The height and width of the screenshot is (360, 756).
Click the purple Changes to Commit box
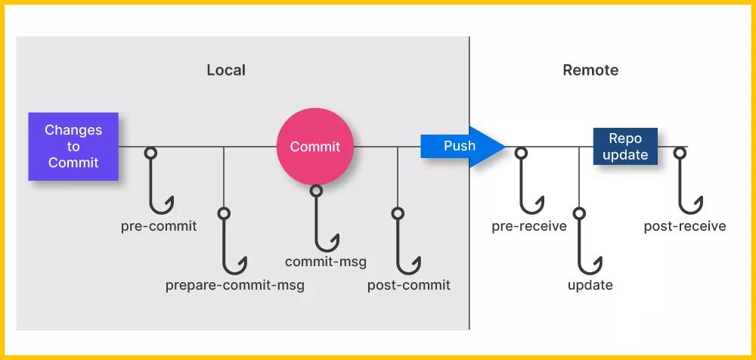coord(73,146)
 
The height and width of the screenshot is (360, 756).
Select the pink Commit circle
coord(315,147)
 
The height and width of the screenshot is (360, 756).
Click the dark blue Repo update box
coord(624,146)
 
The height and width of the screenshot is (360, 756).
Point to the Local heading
coord(226,70)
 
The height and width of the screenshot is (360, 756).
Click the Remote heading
coord(590,70)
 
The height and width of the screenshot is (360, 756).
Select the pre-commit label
coord(159,226)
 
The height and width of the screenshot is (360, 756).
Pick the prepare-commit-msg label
coord(235,286)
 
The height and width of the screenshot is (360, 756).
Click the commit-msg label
coord(326,262)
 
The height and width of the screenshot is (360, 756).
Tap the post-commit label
coord(409,285)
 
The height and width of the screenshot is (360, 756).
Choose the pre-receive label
coord(529,226)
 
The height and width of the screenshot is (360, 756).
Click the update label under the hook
coord(590,285)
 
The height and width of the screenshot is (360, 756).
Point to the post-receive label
coord(685,226)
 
